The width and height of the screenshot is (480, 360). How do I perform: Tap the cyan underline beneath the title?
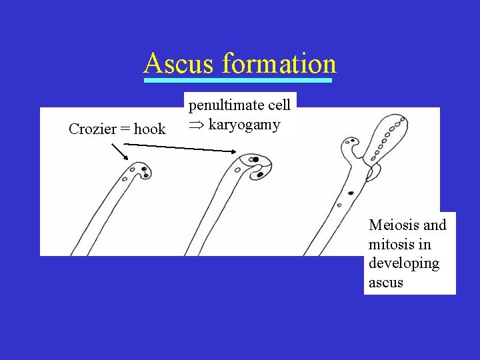[x=238, y=81]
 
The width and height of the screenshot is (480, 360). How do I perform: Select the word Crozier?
[x=92, y=129]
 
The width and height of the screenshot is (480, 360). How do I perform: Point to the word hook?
[x=150, y=129]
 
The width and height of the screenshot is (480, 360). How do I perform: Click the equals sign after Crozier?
[x=125, y=130]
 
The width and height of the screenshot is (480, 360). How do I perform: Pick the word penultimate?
[x=219, y=105]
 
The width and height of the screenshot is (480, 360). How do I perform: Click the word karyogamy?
[x=245, y=125]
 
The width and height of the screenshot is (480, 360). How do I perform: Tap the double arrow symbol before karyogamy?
[x=197, y=125]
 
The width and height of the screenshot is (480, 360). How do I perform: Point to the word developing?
[x=404, y=263]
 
